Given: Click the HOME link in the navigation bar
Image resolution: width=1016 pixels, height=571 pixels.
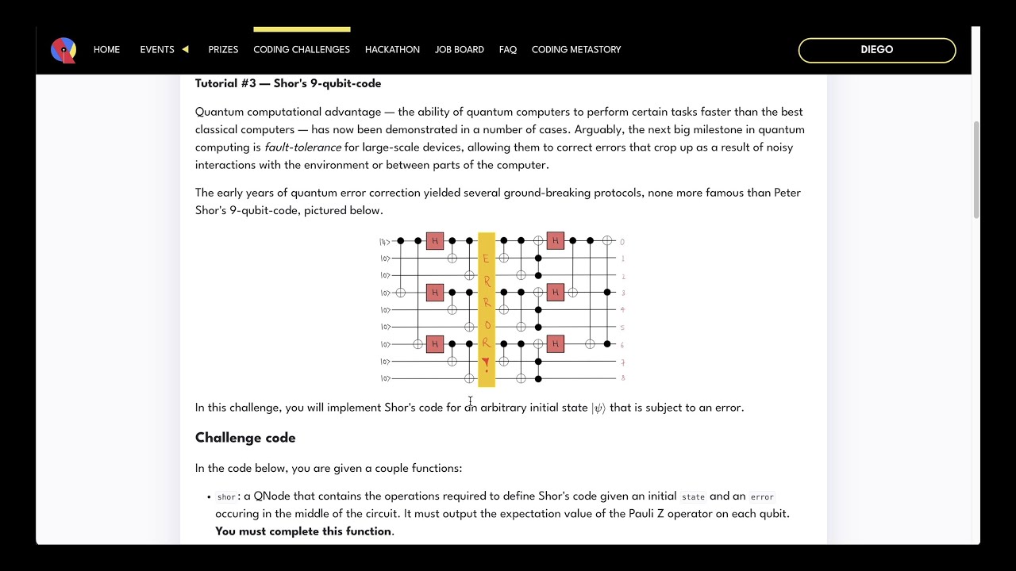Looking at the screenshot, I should click(106, 49).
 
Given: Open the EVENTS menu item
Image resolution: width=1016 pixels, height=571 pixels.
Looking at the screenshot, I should click(157, 49).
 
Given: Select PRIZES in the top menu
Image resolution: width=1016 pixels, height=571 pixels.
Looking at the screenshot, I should click(223, 49).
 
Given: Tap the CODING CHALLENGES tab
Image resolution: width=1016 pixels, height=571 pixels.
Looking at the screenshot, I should click(302, 49).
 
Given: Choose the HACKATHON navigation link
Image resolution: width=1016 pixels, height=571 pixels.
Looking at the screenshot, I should click(392, 49).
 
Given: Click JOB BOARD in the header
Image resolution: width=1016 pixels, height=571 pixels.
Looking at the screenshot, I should click(459, 49).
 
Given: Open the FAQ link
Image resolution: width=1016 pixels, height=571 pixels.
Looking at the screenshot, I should click(508, 49).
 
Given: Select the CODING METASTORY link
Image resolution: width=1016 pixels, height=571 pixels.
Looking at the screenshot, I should click(576, 49).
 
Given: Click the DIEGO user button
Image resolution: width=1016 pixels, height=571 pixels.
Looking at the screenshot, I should click(876, 50).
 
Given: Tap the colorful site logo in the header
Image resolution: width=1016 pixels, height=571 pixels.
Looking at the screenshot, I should click(63, 50).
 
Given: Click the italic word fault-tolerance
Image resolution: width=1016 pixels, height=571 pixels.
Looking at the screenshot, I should click(302, 148).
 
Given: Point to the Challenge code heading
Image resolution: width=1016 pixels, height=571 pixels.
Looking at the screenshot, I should click(245, 438).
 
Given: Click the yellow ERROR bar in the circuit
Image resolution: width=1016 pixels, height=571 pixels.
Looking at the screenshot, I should click(487, 309).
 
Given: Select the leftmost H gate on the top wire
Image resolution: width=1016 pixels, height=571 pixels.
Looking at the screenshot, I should click(435, 241).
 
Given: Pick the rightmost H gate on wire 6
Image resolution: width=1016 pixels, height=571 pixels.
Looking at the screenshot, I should click(556, 344).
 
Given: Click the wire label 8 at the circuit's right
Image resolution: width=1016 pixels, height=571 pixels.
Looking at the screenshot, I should click(623, 379).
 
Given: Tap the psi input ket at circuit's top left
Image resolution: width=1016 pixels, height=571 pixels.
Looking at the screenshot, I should click(384, 241).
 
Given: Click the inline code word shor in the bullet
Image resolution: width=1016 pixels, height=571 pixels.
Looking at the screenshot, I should click(226, 497).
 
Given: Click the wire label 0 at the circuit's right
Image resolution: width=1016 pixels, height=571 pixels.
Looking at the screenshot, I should click(623, 242).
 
